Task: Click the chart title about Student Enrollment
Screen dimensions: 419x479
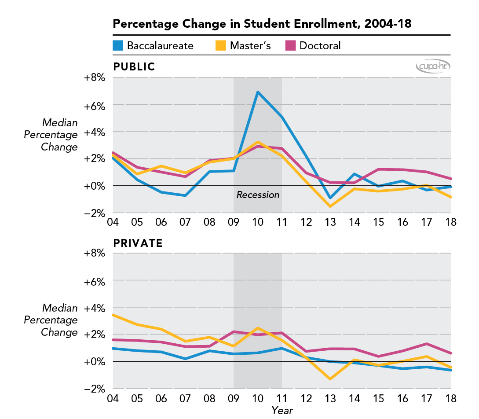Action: (x=262, y=24)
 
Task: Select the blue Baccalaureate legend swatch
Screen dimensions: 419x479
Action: (x=118, y=45)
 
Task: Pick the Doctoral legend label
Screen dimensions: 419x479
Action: (x=320, y=45)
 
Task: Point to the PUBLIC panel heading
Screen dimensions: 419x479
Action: (x=134, y=67)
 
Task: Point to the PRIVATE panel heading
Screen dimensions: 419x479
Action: (x=138, y=243)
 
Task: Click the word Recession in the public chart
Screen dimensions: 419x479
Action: (x=258, y=195)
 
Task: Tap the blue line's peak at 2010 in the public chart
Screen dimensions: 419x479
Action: (x=258, y=92)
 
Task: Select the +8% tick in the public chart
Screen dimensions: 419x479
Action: (x=95, y=78)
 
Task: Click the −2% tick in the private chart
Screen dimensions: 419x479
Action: (x=95, y=389)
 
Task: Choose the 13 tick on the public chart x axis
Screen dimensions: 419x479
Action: (x=330, y=221)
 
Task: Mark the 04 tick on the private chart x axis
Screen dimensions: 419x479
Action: (x=113, y=398)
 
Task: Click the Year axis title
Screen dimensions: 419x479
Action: (x=282, y=411)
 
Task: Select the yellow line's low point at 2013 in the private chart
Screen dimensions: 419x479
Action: (x=330, y=379)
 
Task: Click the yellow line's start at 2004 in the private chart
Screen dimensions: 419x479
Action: (x=113, y=315)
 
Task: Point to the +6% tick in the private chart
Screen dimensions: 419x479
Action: (x=95, y=280)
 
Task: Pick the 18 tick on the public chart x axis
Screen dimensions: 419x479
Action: (x=450, y=221)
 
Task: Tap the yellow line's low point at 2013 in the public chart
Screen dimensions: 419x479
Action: (x=330, y=206)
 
